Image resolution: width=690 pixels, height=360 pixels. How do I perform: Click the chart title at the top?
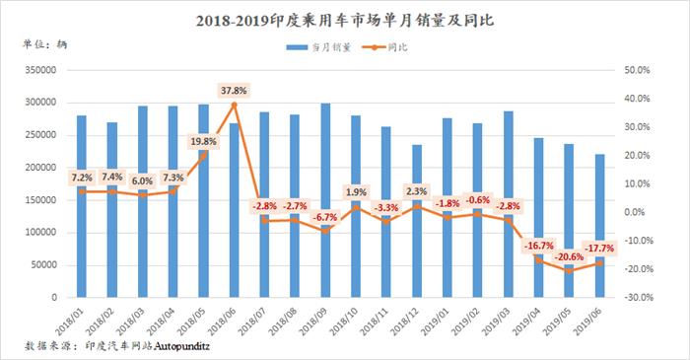(x=345, y=21)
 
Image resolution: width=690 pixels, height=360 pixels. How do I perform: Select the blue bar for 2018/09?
(x=325, y=200)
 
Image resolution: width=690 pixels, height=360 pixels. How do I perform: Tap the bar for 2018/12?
(x=417, y=221)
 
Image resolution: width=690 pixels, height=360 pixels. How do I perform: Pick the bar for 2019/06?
(x=599, y=226)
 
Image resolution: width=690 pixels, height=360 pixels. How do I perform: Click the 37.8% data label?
(x=234, y=91)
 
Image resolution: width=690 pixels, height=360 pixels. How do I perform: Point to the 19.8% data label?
(x=203, y=141)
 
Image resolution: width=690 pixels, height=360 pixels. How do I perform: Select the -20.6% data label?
(x=568, y=256)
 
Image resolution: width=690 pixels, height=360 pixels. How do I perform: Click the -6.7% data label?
(x=324, y=217)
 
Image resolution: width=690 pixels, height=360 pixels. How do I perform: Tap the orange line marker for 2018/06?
(x=235, y=105)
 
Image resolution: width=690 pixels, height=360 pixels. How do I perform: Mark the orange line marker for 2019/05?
(x=570, y=270)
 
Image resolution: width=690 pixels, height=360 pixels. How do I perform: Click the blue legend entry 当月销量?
(x=318, y=47)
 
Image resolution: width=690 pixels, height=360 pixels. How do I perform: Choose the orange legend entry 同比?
(x=384, y=47)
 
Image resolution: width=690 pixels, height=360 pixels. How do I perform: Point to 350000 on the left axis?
(x=41, y=70)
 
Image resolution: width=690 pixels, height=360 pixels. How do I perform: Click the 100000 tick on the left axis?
(x=41, y=233)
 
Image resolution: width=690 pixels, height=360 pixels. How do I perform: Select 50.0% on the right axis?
(x=637, y=70)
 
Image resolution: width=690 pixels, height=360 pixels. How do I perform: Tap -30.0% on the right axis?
(x=639, y=298)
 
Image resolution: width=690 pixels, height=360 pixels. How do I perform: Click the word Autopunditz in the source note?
(x=181, y=346)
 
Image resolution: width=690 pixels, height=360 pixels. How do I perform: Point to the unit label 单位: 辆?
(x=45, y=44)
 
